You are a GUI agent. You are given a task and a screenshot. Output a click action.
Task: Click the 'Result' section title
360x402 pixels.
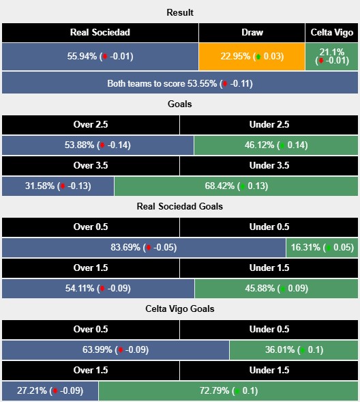[x=180, y=12]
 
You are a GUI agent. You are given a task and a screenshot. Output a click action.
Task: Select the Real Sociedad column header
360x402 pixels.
[x=100, y=33]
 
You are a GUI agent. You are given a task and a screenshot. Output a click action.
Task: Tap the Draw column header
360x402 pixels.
[x=252, y=33]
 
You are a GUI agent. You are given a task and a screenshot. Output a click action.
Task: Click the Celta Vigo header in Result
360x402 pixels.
[x=331, y=33]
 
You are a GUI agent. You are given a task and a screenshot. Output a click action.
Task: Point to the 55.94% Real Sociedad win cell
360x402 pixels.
[x=100, y=57]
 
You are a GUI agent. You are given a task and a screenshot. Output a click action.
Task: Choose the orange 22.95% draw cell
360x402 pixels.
[x=252, y=57]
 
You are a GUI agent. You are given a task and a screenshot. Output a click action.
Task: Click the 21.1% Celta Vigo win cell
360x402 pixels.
[x=331, y=57]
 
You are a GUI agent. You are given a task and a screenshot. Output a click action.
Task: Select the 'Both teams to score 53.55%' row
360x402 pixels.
[x=180, y=83]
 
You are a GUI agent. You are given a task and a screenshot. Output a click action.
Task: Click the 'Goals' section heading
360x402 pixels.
[x=180, y=104]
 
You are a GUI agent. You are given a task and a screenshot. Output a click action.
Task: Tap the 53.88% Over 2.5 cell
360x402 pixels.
[x=97, y=145]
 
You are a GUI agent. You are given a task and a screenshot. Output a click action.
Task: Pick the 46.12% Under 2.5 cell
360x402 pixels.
[x=276, y=145]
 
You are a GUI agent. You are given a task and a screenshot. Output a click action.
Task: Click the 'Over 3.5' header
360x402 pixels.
[x=91, y=165]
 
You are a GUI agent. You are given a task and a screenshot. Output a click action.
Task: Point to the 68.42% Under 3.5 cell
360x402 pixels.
[x=236, y=186]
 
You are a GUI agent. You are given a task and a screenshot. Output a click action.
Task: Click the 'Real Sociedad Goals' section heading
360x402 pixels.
[x=180, y=206]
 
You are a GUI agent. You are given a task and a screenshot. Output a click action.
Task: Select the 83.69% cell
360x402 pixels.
[x=144, y=248]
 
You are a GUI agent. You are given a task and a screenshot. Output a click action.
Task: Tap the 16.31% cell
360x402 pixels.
[x=322, y=248]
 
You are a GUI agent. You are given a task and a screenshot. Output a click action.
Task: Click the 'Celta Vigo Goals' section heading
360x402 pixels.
[x=180, y=308]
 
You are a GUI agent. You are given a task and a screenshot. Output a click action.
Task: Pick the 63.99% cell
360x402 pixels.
[x=116, y=350]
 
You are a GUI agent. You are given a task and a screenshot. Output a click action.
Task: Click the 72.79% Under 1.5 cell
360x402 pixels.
[x=228, y=391]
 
